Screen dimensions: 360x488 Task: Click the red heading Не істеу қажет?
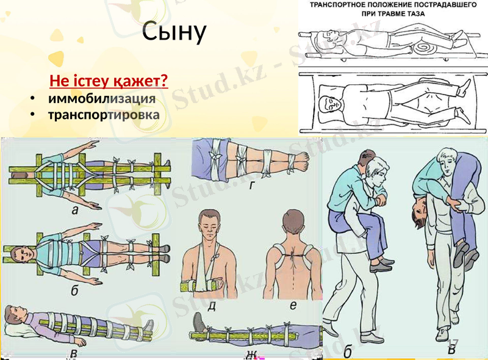point(109,81)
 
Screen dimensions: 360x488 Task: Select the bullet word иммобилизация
point(101,98)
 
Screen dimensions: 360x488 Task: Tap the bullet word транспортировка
point(104,115)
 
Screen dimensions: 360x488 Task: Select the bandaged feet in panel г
point(300,160)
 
